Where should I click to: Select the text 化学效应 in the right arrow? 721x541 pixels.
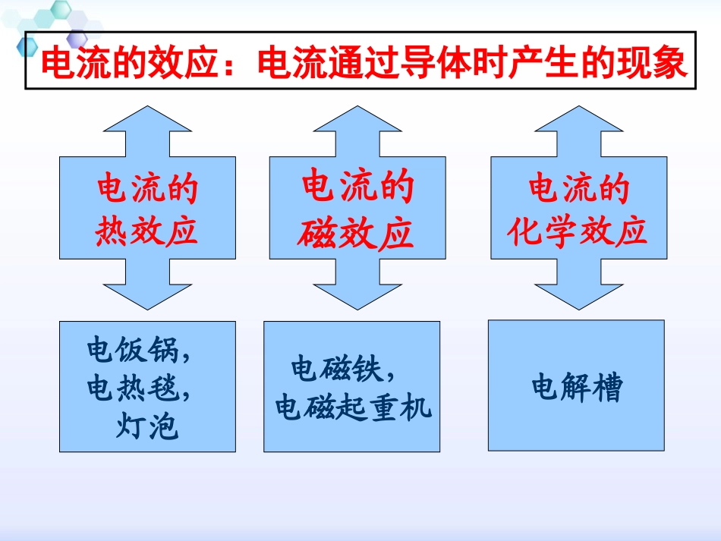pos(578,231)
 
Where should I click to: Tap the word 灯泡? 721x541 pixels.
pos(147,427)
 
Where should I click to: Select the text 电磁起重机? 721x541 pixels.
pos(353,407)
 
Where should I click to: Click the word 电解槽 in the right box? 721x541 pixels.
pos(576,388)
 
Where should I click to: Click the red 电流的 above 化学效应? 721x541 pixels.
pos(578,190)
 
